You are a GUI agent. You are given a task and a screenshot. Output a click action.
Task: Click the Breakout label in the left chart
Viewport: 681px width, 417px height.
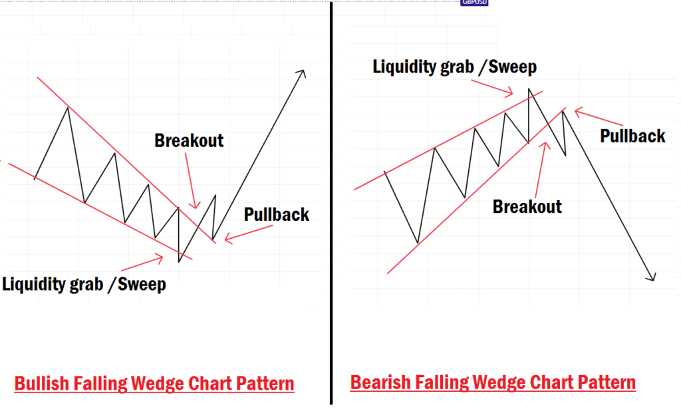tap(189, 141)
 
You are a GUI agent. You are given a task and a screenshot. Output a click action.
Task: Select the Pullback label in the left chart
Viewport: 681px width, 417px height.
tap(277, 214)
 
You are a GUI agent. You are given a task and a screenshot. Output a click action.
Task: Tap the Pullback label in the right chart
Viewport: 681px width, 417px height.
tap(632, 136)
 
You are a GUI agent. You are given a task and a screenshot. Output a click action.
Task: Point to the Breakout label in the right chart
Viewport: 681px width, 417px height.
tap(527, 206)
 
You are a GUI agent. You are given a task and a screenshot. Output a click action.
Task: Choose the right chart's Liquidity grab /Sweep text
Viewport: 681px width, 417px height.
tap(454, 67)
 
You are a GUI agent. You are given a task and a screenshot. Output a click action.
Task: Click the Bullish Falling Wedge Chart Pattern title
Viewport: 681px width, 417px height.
tap(154, 384)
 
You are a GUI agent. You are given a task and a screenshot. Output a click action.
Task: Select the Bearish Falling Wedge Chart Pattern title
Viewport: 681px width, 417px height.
tap(493, 382)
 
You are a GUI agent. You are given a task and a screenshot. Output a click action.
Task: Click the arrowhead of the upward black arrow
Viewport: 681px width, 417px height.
tap(303, 72)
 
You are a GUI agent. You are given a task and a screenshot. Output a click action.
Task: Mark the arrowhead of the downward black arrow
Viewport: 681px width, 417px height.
tap(652, 277)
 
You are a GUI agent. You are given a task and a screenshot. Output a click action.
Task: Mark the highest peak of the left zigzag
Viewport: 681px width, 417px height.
tap(67, 108)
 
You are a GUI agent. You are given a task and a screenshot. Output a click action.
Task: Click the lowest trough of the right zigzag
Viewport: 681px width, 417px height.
tap(418, 243)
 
